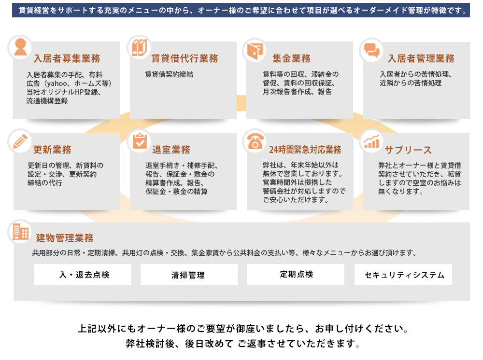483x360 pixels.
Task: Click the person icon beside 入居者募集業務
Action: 20,47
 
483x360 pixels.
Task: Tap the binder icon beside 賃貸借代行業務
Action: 139,47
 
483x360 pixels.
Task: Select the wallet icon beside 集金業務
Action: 255,51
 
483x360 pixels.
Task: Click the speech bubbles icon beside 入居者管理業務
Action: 371,50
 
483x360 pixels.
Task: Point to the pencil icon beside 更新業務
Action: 20,141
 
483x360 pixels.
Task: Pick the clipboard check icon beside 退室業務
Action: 140,141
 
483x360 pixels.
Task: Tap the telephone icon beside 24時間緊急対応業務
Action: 256,141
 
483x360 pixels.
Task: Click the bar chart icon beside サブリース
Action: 371,142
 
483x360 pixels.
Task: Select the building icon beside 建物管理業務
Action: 20,232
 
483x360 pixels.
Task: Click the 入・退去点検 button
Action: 83,275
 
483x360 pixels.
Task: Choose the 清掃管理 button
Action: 189,275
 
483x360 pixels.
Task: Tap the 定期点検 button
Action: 296,275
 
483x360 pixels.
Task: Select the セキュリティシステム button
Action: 403,275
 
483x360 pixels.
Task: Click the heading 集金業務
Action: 291,58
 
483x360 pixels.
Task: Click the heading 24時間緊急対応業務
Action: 305,150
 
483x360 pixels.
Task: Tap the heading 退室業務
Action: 171,150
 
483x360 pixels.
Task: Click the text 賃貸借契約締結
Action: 169,74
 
